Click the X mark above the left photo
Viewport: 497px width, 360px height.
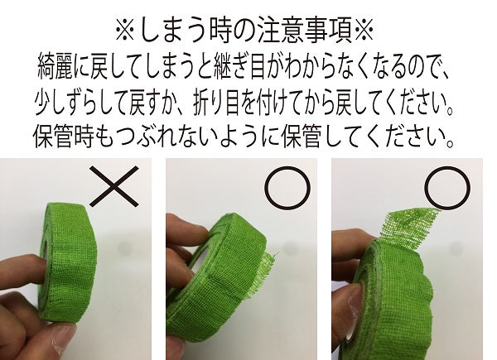point(114,186)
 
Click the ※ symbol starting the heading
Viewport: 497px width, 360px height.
point(126,31)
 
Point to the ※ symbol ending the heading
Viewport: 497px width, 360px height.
point(364,31)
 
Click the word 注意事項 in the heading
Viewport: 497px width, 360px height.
point(304,31)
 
